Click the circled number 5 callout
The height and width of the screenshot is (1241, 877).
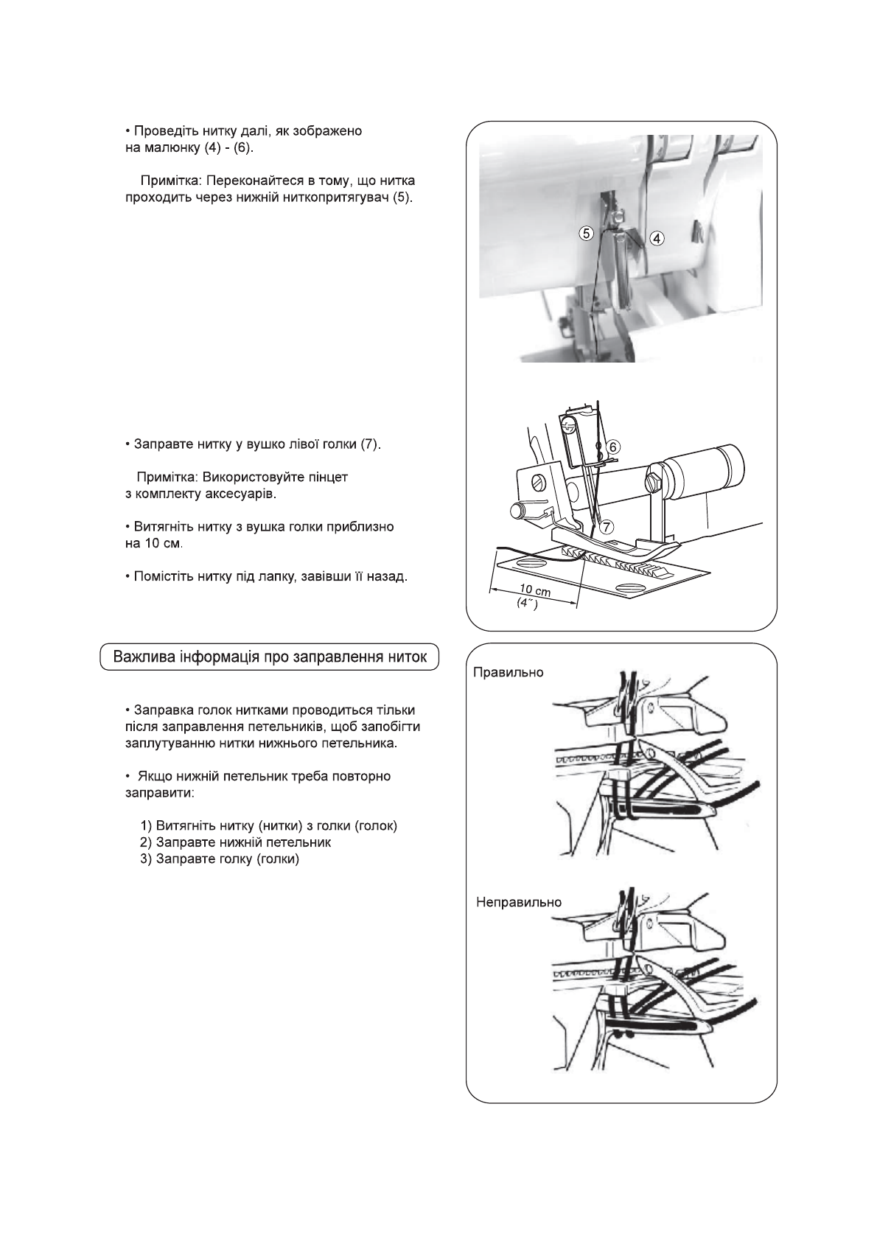pyautogui.click(x=586, y=234)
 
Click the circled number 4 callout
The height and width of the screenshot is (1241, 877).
pyautogui.click(x=657, y=238)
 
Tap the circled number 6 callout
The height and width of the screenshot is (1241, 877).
pyautogui.click(x=613, y=446)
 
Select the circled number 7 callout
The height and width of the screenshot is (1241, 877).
pyautogui.click(x=607, y=526)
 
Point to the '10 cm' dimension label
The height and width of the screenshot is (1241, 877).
pyautogui.click(x=535, y=590)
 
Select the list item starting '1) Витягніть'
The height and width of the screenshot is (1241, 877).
pyautogui.click(x=269, y=825)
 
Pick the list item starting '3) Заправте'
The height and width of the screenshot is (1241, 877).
pyautogui.click(x=220, y=859)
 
